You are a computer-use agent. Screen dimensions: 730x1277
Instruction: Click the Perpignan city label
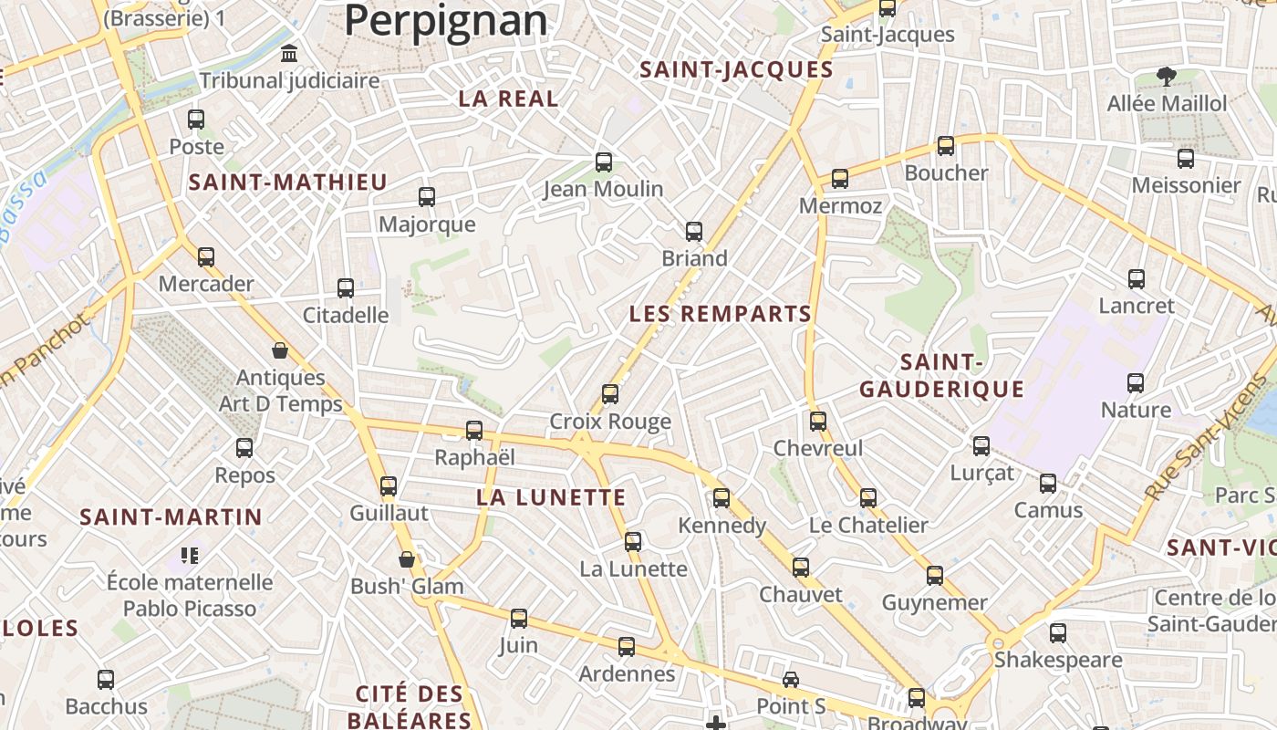pyautogui.click(x=446, y=20)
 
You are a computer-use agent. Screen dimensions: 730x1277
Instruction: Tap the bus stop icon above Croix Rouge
pyautogui.click(x=610, y=394)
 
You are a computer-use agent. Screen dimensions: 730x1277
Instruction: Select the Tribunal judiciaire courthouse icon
pyautogui.click(x=290, y=54)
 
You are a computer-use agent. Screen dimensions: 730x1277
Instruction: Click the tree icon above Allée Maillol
pyautogui.click(x=1166, y=77)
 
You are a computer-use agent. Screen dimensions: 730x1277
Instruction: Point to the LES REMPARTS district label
pyautogui.click(x=720, y=314)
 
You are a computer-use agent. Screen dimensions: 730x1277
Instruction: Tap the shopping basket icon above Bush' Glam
pyautogui.click(x=407, y=559)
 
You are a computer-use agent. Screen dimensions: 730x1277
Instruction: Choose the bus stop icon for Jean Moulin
pyautogui.click(x=604, y=162)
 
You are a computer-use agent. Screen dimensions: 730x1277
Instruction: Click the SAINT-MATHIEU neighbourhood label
pyautogui.click(x=288, y=182)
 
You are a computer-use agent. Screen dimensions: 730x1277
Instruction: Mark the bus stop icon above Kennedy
pyautogui.click(x=722, y=498)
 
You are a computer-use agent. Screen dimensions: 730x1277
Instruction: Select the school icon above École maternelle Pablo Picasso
pyautogui.click(x=190, y=555)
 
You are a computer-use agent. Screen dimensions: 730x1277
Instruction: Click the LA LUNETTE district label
pyautogui.click(x=551, y=498)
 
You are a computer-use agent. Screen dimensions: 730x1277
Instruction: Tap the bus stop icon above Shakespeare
pyautogui.click(x=1058, y=632)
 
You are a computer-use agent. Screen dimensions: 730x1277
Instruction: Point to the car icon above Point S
pyautogui.click(x=791, y=680)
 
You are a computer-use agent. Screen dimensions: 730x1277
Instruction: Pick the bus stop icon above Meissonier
pyautogui.click(x=1186, y=159)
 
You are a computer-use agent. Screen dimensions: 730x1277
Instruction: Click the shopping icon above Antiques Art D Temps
pyautogui.click(x=280, y=350)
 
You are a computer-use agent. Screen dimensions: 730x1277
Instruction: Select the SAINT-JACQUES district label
pyautogui.click(x=736, y=70)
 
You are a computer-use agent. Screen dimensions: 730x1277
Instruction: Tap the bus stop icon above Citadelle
pyautogui.click(x=346, y=288)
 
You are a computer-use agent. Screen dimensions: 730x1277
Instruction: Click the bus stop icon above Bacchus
pyautogui.click(x=106, y=680)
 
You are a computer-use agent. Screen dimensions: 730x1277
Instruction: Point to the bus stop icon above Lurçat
pyautogui.click(x=981, y=446)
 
